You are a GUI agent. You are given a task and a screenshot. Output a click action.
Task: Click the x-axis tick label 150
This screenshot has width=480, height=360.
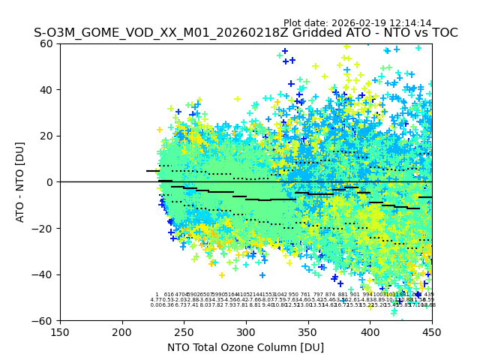coord(60,331)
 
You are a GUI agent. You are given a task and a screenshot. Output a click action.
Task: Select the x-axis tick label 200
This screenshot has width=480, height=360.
coord(122,331)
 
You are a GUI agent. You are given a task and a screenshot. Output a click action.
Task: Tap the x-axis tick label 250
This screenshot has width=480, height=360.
coord(184,331)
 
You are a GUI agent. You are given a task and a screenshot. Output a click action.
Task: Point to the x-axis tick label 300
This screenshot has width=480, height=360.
coord(246,331)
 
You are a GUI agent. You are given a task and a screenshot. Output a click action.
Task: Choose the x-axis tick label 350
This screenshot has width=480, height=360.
coord(307,331)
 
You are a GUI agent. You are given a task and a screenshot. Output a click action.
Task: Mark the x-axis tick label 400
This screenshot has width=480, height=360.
coord(370,331)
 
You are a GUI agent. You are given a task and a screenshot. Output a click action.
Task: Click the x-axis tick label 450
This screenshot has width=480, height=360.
coord(431,331)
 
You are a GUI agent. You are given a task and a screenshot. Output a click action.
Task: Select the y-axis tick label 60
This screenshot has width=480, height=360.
coord(48,43)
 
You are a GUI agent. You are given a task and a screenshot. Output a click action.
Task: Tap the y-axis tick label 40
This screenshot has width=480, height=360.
coord(48,90)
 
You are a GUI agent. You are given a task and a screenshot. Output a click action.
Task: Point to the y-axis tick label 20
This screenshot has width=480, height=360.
coord(48,136)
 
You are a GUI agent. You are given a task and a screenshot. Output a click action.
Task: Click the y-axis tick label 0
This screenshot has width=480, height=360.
coord(51,182)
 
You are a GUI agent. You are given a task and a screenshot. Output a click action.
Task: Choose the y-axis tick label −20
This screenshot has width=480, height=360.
coord(45,228)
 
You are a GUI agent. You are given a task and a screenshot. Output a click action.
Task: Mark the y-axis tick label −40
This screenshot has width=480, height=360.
coord(45,274)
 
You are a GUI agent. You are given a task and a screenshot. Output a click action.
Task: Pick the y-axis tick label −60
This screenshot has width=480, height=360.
coord(45,320)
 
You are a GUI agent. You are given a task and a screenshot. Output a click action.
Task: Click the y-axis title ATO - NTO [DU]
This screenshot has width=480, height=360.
coord(20,182)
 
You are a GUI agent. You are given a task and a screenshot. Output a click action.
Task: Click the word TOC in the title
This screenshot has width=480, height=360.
coord(442,34)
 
